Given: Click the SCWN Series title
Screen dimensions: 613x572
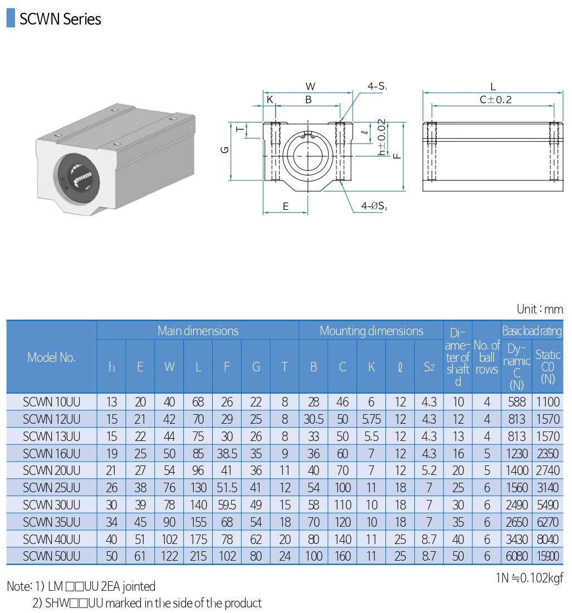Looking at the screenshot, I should (60, 19).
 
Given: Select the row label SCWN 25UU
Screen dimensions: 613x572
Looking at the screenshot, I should (52, 488).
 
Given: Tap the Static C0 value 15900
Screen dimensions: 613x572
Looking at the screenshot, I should (547, 556).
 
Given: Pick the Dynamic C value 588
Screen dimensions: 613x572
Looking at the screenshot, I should (516, 401).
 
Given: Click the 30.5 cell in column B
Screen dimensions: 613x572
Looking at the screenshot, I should (314, 419).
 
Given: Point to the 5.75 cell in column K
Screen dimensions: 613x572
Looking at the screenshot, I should (371, 419).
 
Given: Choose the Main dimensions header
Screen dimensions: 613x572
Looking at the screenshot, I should (198, 331).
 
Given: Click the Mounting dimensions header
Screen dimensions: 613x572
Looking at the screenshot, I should (371, 331).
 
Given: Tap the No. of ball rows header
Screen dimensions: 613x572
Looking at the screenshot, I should (486, 357).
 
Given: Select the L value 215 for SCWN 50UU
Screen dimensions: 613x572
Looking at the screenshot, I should (198, 556).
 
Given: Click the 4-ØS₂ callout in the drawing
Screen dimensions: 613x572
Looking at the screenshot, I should (374, 206).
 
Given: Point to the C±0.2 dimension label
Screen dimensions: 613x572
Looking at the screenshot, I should (495, 100).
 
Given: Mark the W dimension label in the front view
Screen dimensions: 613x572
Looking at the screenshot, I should (310, 86).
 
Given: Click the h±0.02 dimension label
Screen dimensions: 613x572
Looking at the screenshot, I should (382, 137).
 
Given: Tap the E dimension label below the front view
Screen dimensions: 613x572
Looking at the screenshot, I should (286, 207).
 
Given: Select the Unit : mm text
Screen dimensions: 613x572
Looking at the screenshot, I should (540, 309).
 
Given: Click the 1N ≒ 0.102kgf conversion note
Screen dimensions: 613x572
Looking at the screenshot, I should (529, 578).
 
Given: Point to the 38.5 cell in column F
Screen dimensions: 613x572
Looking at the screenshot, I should (227, 453).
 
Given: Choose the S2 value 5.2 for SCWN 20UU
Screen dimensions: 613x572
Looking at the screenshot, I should (429, 470).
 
